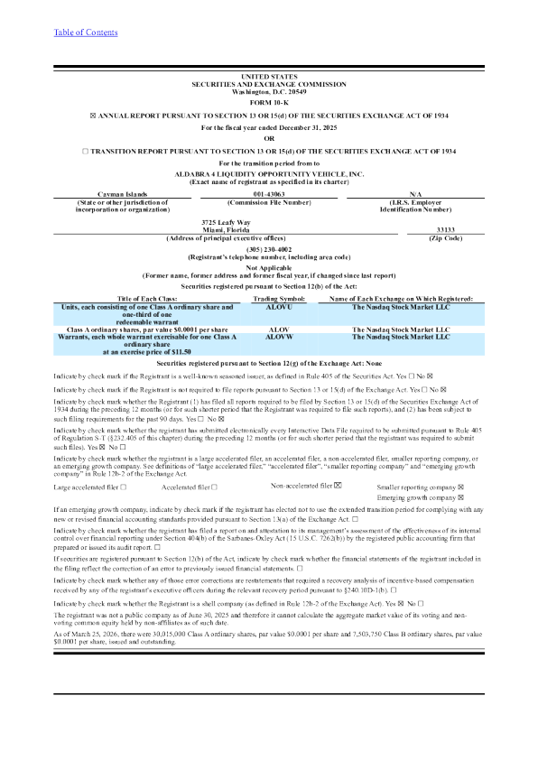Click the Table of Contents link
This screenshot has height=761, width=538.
pyautogui.click(x=85, y=32)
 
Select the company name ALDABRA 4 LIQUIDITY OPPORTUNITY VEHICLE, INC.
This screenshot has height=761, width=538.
pyautogui.click(x=268, y=172)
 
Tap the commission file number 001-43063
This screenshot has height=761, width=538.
pyautogui.click(x=268, y=194)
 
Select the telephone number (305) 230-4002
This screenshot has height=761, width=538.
pyautogui.click(x=268, y=249)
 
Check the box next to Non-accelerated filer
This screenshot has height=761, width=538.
pyautogui.click(x=338, y=486)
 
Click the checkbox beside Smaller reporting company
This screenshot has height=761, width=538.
pyautogui.click(x=461, y=487)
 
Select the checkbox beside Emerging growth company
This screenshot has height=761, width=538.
pyautogui.click(x=461, y=497)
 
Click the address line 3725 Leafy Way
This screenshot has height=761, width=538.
pyautogui.click(x=226, y=221)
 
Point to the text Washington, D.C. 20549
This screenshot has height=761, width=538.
pyautogui.click(x=268, y=91)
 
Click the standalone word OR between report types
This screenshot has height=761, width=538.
pyautogui.click(x=268, y=138)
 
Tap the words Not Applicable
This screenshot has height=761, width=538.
pyautogui.click(x=268, y=267)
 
